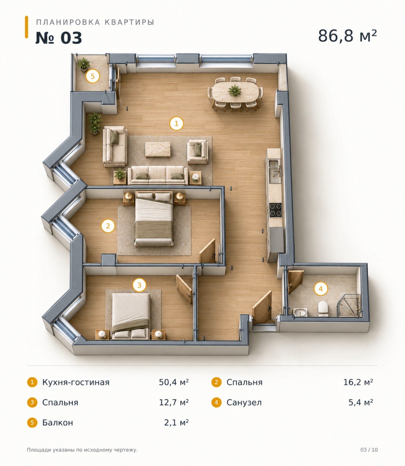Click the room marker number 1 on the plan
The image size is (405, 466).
176,124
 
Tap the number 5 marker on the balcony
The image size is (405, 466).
93,76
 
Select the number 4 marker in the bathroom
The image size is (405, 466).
321,289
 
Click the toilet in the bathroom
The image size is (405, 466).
323,308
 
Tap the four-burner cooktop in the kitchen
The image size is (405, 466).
275,210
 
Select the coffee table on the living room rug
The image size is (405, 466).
158,149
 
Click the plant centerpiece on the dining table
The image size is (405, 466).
235,91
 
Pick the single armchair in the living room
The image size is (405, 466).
198,151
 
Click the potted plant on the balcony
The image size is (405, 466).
83,64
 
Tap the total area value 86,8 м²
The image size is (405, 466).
347,36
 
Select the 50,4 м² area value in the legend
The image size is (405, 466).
174,382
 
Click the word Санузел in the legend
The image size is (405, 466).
244,402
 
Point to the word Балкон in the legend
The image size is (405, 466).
58,423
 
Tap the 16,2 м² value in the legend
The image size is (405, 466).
358,382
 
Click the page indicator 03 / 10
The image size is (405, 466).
369,450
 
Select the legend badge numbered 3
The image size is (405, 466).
32,402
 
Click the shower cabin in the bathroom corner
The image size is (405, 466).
349,306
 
